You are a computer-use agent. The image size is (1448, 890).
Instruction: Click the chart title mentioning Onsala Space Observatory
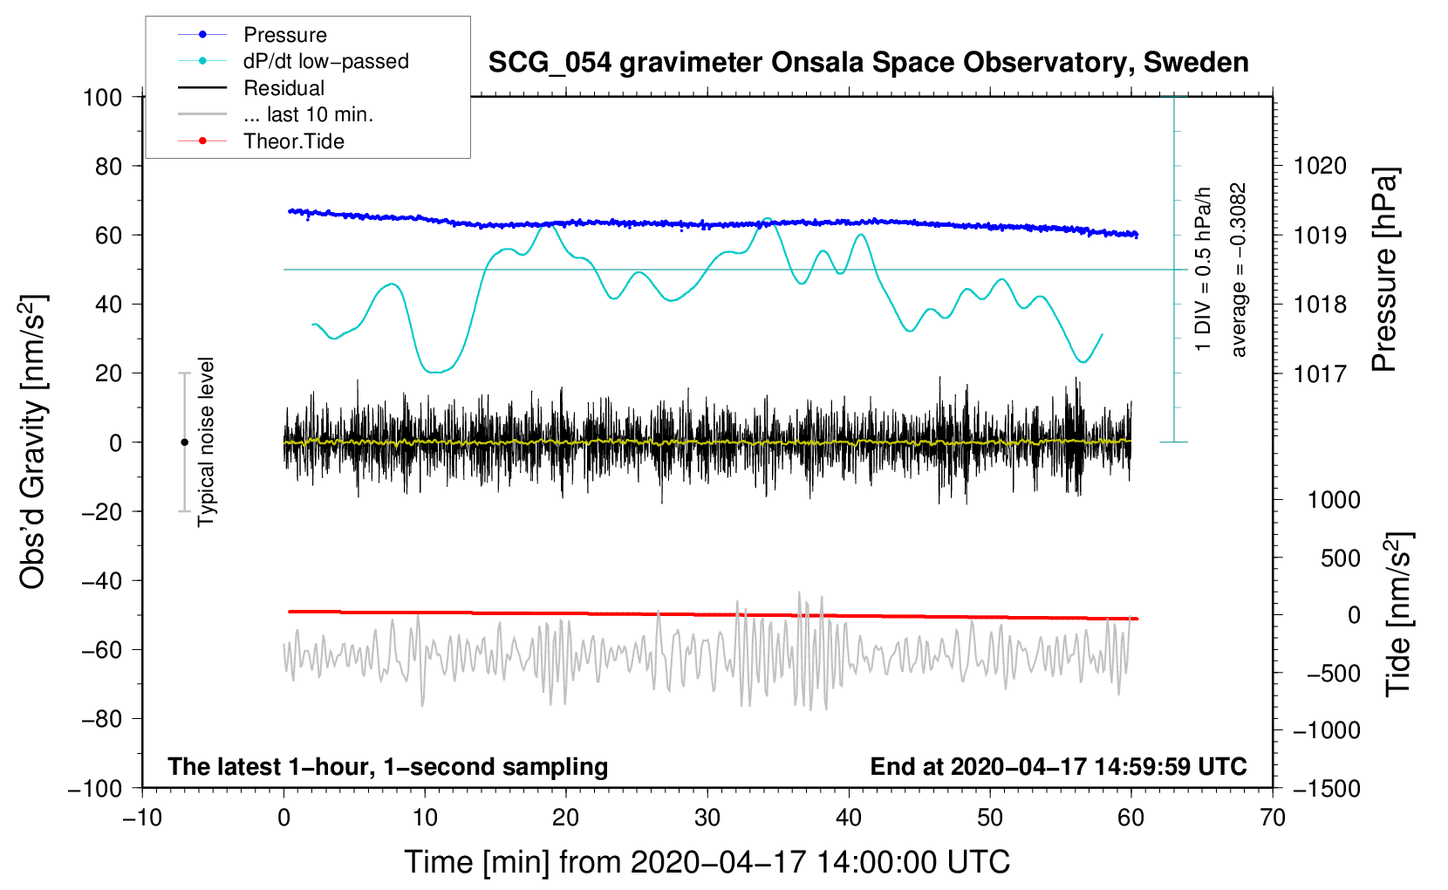[868, 63]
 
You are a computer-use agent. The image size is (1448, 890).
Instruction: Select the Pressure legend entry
[284, 35]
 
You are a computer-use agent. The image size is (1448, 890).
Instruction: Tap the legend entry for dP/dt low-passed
[325, 61]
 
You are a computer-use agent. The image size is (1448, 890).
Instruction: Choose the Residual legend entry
[283, 88]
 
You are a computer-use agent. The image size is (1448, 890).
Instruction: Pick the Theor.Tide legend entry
[293, 141]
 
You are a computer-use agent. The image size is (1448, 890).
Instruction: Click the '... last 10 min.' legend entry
[308, 114]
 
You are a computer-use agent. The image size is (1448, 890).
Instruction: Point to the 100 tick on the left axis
[102, 97]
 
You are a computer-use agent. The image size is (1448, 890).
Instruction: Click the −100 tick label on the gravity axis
[95, 788]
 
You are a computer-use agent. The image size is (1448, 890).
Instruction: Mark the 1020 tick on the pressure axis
[1320, 166]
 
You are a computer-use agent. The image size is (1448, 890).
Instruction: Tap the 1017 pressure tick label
[1320, 373]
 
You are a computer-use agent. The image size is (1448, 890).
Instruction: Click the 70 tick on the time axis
[1273, 818]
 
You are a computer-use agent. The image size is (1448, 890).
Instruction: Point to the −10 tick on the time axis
[142, 818]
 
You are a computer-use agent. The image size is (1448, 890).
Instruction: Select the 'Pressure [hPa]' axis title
[1384, 270]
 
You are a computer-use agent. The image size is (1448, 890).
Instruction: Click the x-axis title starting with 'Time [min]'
[707, 862]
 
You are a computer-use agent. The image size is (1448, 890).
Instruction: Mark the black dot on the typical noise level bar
[184, 442]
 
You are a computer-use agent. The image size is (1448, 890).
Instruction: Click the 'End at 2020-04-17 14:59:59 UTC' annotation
[1058, 766]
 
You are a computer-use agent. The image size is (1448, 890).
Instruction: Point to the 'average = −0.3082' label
[1239, 270]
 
